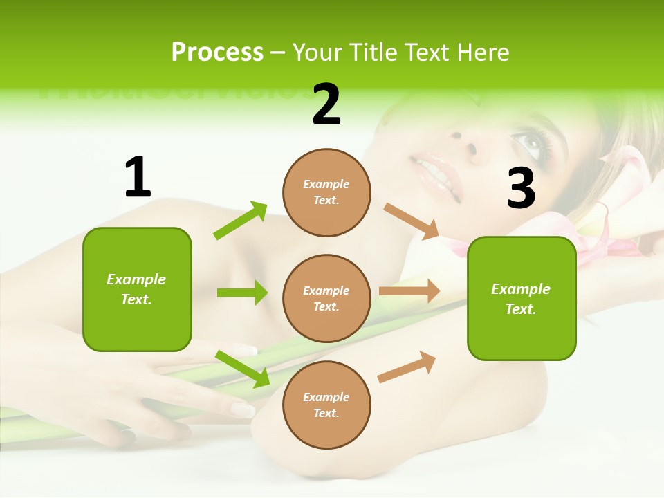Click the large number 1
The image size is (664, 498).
coord(138,177)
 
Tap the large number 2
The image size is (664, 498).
coord(326,104)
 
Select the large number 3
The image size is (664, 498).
coord(521,188)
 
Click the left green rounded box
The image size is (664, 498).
coord(137,289)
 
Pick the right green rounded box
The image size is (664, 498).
coord(522,298)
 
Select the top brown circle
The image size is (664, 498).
coord(326,192)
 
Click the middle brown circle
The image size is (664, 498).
coord(326,298)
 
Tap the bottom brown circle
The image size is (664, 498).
coord(326,405)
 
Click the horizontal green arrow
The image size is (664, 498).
coord(242,293)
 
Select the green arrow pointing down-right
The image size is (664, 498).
coord(242,369)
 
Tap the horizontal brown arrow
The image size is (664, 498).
coord(409,291)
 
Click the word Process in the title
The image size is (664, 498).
coord(217,53)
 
